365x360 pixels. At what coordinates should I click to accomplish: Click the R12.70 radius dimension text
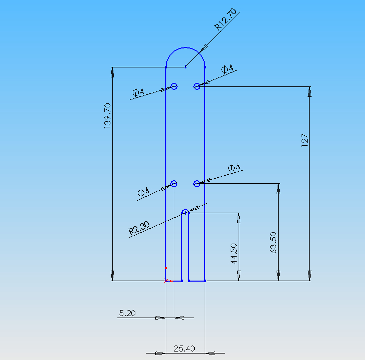[225, 19]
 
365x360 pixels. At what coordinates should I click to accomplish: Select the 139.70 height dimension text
[107, 116]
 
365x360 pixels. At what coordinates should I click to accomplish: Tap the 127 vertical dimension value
[305, 140]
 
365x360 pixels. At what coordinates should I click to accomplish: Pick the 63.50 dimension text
[273, 243]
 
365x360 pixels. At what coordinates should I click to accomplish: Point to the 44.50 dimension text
[234, 254]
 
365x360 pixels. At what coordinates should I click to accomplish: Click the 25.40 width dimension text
[184, 349]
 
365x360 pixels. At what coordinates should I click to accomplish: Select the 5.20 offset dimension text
[127, 313]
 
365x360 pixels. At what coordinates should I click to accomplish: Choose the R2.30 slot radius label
[139, 228]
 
